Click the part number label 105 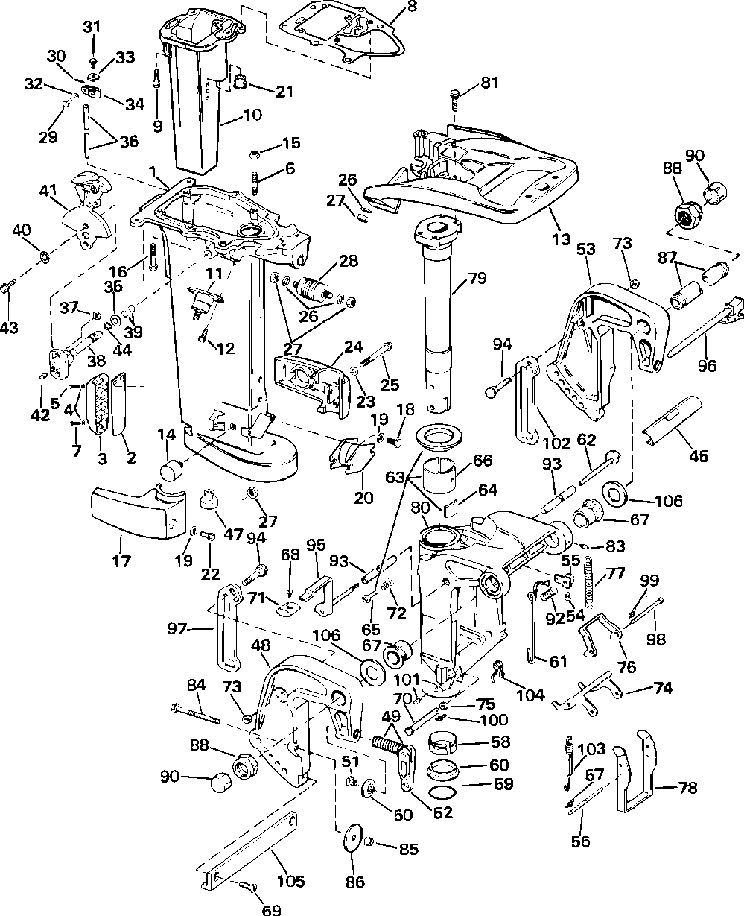coord(290,882)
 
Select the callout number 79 coord(477,280)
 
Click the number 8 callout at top coord(412,7)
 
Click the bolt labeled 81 coord(456,98)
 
